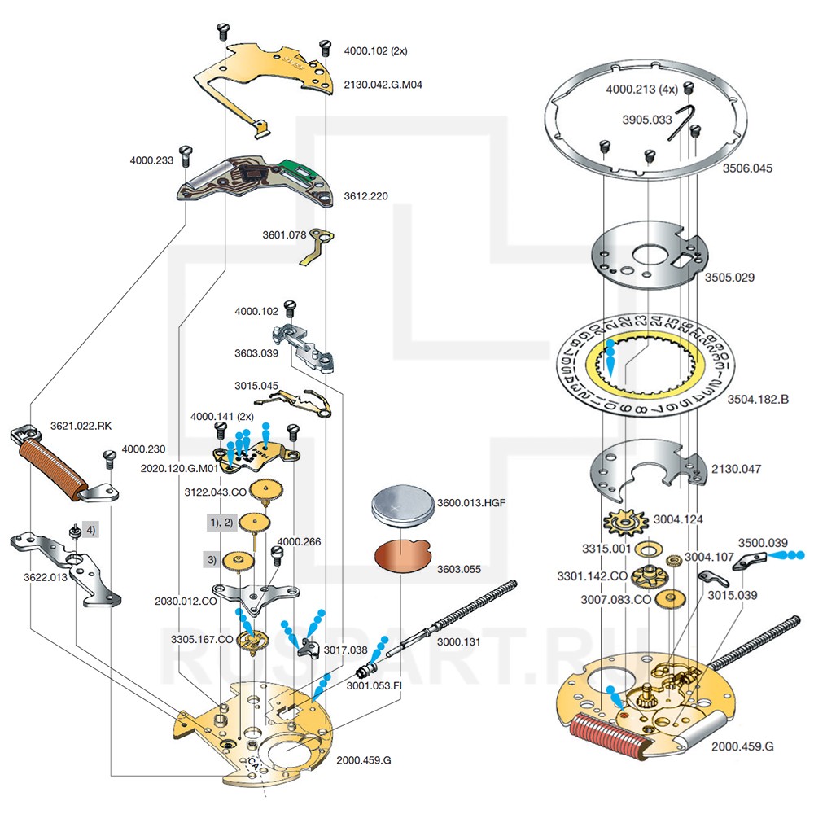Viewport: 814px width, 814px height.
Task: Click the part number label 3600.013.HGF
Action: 472,502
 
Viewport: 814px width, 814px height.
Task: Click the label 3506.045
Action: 748,168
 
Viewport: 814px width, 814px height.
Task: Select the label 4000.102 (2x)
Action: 375,50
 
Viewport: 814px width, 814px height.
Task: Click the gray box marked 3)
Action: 212,559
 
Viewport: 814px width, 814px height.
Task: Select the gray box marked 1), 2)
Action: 220,521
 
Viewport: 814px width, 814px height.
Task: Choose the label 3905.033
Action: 647,120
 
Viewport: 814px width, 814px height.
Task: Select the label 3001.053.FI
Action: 374,685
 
